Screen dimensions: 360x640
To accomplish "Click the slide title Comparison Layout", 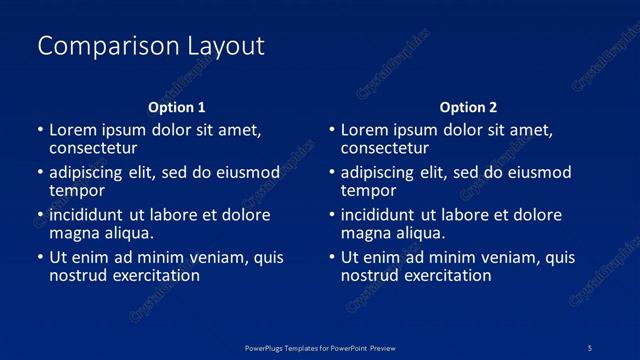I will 151,46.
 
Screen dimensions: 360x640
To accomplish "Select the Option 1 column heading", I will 177,107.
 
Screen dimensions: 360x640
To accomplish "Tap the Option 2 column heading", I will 468,107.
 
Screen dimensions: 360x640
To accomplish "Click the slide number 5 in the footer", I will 591,347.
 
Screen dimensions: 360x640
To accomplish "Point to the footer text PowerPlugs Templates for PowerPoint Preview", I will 320,347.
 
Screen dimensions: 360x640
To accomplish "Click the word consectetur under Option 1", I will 93,148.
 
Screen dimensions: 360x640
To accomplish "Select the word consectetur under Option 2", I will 385,148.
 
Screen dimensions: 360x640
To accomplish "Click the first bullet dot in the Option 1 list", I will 40,130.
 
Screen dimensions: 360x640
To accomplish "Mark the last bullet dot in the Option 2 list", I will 332,258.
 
